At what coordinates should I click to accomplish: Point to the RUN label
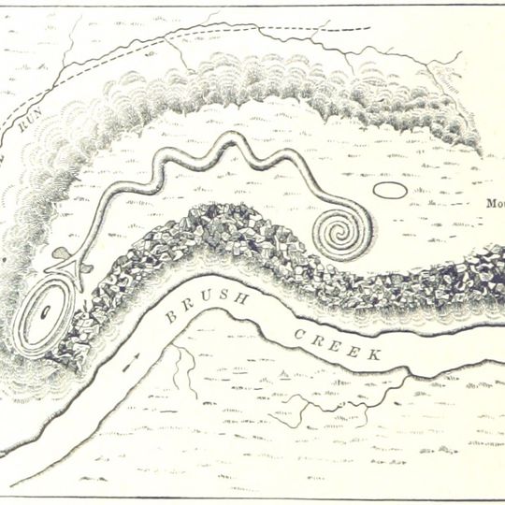(x=27, y=122)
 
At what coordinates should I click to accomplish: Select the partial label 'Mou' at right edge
(x=495, y=203)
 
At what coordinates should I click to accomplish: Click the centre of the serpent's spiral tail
(x=336, y=230)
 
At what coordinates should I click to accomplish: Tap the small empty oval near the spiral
(x=390, y=191)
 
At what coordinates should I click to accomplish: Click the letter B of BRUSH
(x=170, y=316)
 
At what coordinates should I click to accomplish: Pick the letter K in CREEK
(x=374, y=355)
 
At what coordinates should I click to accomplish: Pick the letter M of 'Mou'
(x=490, y=203)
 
